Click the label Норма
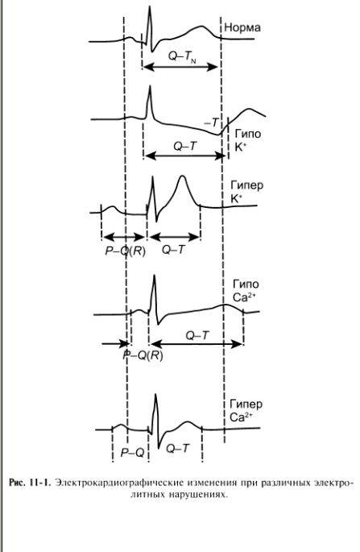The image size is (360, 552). [242, 28]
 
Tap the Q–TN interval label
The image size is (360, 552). [182, 56]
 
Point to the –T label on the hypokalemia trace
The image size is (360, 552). [211, 122]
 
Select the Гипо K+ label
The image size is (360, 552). [248, 140]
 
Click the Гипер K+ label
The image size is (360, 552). [246, 192]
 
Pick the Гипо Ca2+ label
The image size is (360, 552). [246, 290]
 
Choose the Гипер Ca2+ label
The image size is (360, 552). [246, 410]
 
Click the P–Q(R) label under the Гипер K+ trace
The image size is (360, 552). [126, 251]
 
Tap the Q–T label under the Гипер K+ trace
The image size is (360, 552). [173, 250]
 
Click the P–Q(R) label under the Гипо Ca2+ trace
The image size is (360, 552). [143, 355]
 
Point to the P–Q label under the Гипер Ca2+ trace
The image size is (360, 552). [132, 452]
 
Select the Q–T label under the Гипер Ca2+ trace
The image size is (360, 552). [177, 448]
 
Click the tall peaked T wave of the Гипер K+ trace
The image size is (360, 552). [182, 176]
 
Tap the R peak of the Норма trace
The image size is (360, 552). [150, 7]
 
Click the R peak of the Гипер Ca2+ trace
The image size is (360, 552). [155, 395]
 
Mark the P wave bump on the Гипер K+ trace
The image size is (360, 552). [113, 207]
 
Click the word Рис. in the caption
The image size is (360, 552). [17, 482]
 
